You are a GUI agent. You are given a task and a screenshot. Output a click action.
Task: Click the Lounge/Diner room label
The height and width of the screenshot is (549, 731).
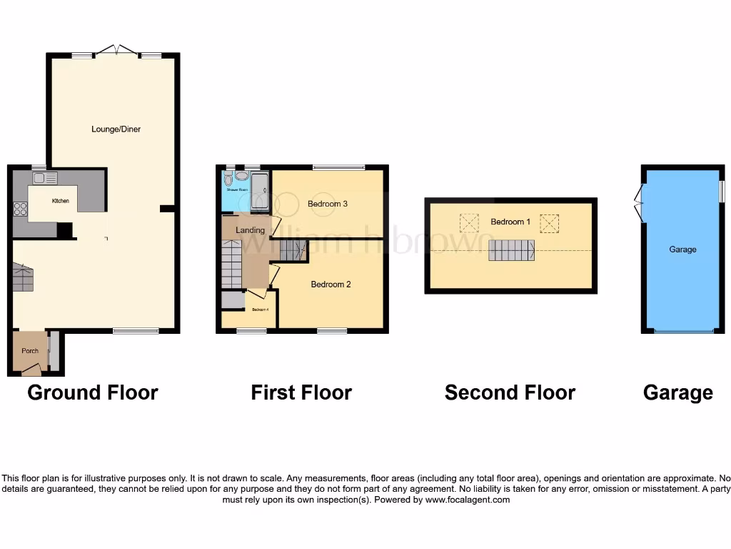pyautogui.click(x=116, y=129)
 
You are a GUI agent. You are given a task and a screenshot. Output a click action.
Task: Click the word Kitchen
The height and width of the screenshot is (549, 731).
pyautogui.click(x=61, y=201)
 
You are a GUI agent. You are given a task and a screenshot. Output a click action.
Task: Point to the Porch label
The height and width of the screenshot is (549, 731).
pyautogui.click(x=30, y=350)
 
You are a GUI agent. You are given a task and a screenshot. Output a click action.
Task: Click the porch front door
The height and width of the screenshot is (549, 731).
pyautogui.click(x=31, y=370)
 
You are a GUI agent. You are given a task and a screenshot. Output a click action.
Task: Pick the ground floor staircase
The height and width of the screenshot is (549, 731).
pyautogui.click(x=23, y=277)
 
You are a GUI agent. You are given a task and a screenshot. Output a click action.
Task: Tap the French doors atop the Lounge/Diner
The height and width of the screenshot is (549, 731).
pyautogui.click(x=118, y=51)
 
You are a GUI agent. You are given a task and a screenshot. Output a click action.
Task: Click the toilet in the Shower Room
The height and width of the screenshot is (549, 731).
pyautogui.click(x=228, y=179)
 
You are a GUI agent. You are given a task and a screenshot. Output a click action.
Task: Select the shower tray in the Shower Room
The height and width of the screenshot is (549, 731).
pyautogui.click(x=259, y=190)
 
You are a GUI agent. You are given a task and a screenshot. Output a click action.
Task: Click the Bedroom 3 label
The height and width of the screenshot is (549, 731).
pyautogui.click(x=327, y=204)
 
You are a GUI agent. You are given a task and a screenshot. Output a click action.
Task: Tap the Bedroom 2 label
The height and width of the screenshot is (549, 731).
pyautogui.click(x=331, y=284)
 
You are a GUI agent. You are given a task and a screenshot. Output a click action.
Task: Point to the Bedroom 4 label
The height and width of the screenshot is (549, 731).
pyautogui.click(x=259, y=310)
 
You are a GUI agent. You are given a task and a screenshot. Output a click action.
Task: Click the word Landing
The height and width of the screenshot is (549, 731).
pyautogui.click(x=250, y=230)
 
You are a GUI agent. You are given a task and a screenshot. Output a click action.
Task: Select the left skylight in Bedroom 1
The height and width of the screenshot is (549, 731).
pyautogui.click(x=468, y=223)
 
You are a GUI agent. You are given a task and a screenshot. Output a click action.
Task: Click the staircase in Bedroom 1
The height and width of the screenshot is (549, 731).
pyautogui.click(x=511, y=250)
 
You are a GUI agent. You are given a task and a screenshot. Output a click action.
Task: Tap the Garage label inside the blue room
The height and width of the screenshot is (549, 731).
pyautogui.click(x=682, y=249)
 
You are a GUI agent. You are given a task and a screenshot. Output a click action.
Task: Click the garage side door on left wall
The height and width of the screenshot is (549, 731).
pyautogui.click(x=640, y=202)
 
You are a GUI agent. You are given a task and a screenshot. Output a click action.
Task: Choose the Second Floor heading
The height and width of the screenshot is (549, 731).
pyautogui.click(x=510, y=392)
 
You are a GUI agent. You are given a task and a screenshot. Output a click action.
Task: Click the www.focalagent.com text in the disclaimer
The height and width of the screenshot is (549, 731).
pyautogui.click(x=468, y=500)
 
